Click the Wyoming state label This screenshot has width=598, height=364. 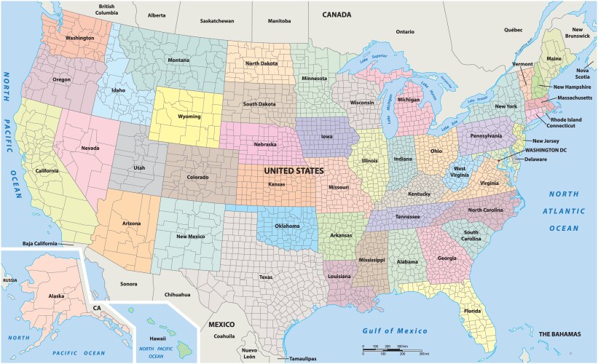click(190, 116)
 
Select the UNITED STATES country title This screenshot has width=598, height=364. click(293, 170)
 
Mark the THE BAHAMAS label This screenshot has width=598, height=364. click(559, 333)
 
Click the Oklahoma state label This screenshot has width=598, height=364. click(287, 226)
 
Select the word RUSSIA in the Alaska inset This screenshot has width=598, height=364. click(10, 280)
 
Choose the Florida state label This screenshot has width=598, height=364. click(472, 310)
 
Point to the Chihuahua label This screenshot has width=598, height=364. click(177, 295)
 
